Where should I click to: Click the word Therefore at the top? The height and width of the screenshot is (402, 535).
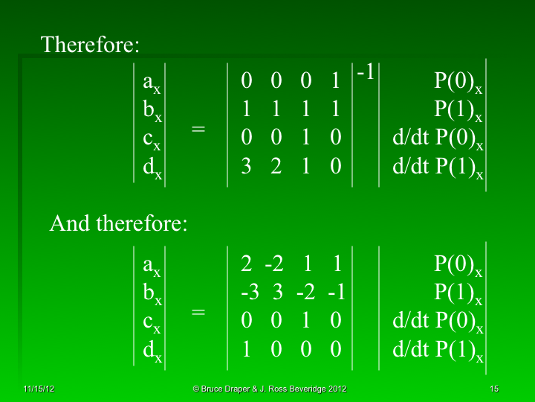(90, 45)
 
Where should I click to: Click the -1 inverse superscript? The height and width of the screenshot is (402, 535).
(365, 73)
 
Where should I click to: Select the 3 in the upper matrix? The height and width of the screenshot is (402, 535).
(247, 167)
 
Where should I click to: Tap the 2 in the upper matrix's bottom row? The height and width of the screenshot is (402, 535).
(276, 167)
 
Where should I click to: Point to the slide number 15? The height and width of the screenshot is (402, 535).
(494, 389)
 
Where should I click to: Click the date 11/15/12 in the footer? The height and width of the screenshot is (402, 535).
(35, 389)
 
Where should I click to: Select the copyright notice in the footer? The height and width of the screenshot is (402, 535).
(269, 389)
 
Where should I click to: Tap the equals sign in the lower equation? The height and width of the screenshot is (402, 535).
(198, 313)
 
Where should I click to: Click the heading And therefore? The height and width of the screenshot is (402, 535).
(118, 223)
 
